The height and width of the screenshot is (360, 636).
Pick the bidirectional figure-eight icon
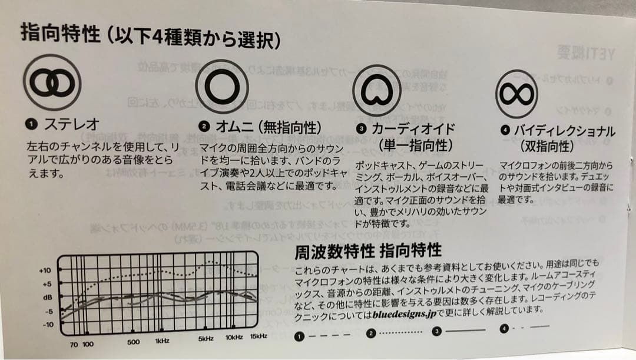point(516,94)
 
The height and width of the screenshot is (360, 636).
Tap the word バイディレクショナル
point(565,131)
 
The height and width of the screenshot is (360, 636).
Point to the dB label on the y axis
point(47,298)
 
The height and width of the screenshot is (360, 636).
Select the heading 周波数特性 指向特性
point(368,252)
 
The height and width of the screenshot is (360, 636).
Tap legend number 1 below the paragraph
point(299,336)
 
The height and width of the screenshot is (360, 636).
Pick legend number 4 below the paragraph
point(504,329)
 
